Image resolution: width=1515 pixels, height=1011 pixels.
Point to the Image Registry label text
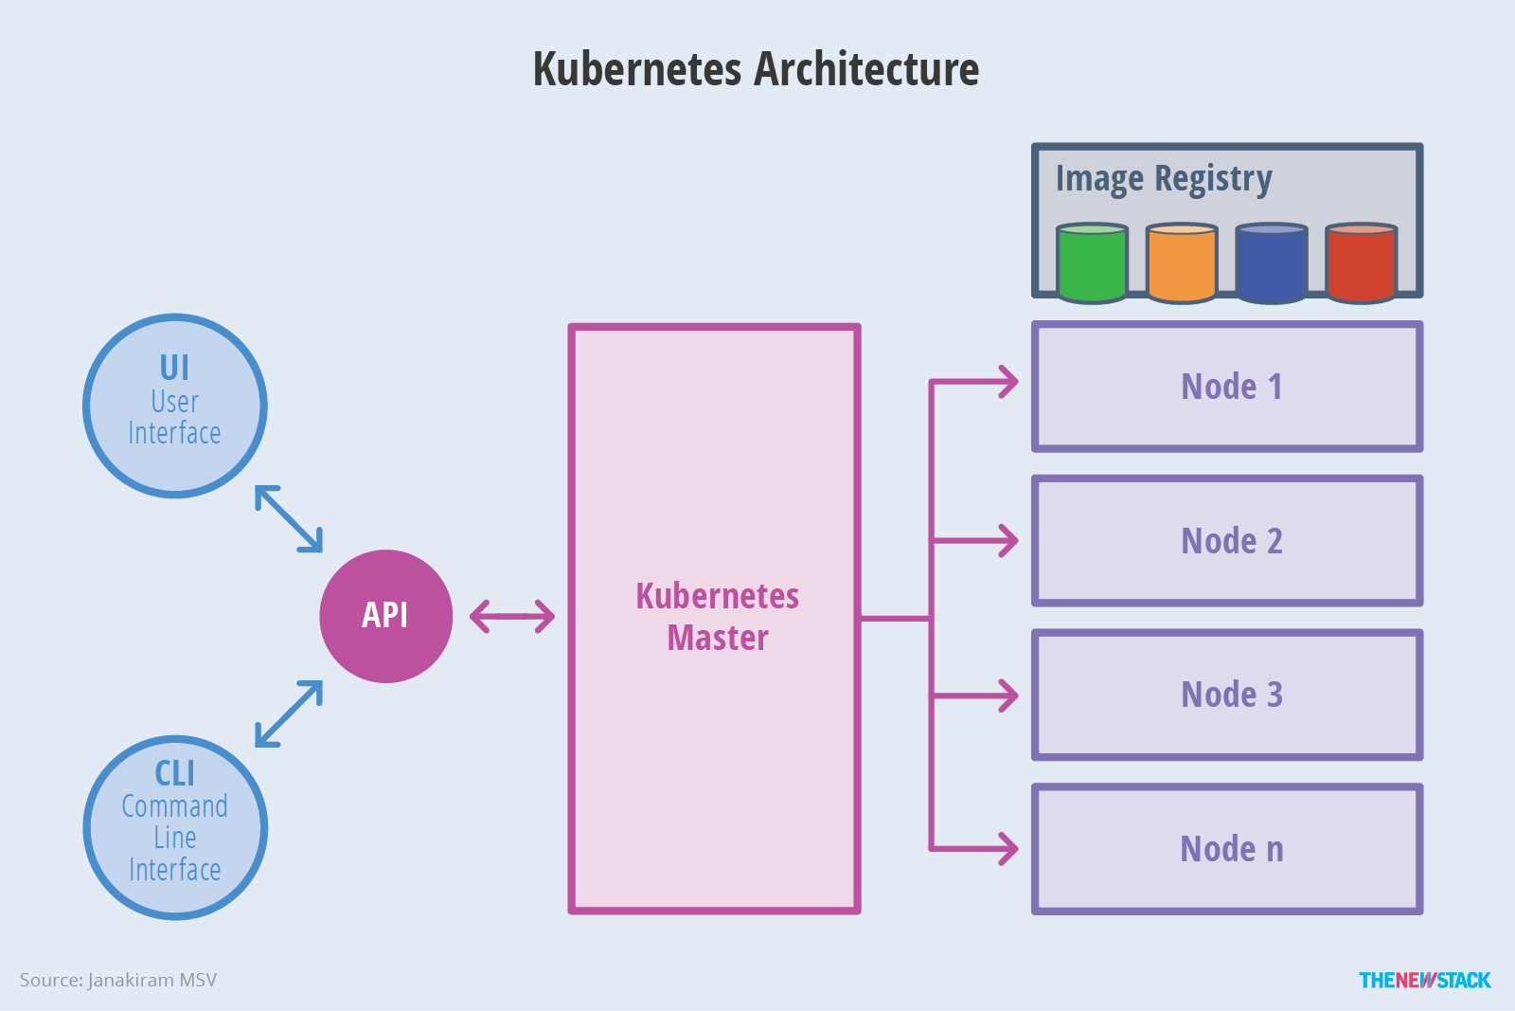click(1164, 178)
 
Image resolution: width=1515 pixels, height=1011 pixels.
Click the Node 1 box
click(1227, 387)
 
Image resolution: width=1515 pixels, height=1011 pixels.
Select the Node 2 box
click(1227, 541)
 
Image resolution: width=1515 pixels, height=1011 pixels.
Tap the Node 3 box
click(1227, 695)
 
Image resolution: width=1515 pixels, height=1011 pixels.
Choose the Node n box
click(1227, 849)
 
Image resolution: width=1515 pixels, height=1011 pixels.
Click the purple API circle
click(386, 616)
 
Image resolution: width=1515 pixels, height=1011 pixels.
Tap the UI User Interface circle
click(175, 406)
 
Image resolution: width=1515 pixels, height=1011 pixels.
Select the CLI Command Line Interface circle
click(175, 827)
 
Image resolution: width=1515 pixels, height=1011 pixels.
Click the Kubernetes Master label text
click(717, 617)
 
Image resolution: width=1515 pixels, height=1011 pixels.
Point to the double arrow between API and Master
click(512, 616)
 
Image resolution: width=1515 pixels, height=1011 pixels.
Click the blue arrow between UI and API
click(289, 518)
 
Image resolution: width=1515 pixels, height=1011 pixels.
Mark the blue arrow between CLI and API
click(289, 713)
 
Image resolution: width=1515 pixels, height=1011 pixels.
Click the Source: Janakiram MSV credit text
click(118, 980)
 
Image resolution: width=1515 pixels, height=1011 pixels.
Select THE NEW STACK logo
click(1424, 980)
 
